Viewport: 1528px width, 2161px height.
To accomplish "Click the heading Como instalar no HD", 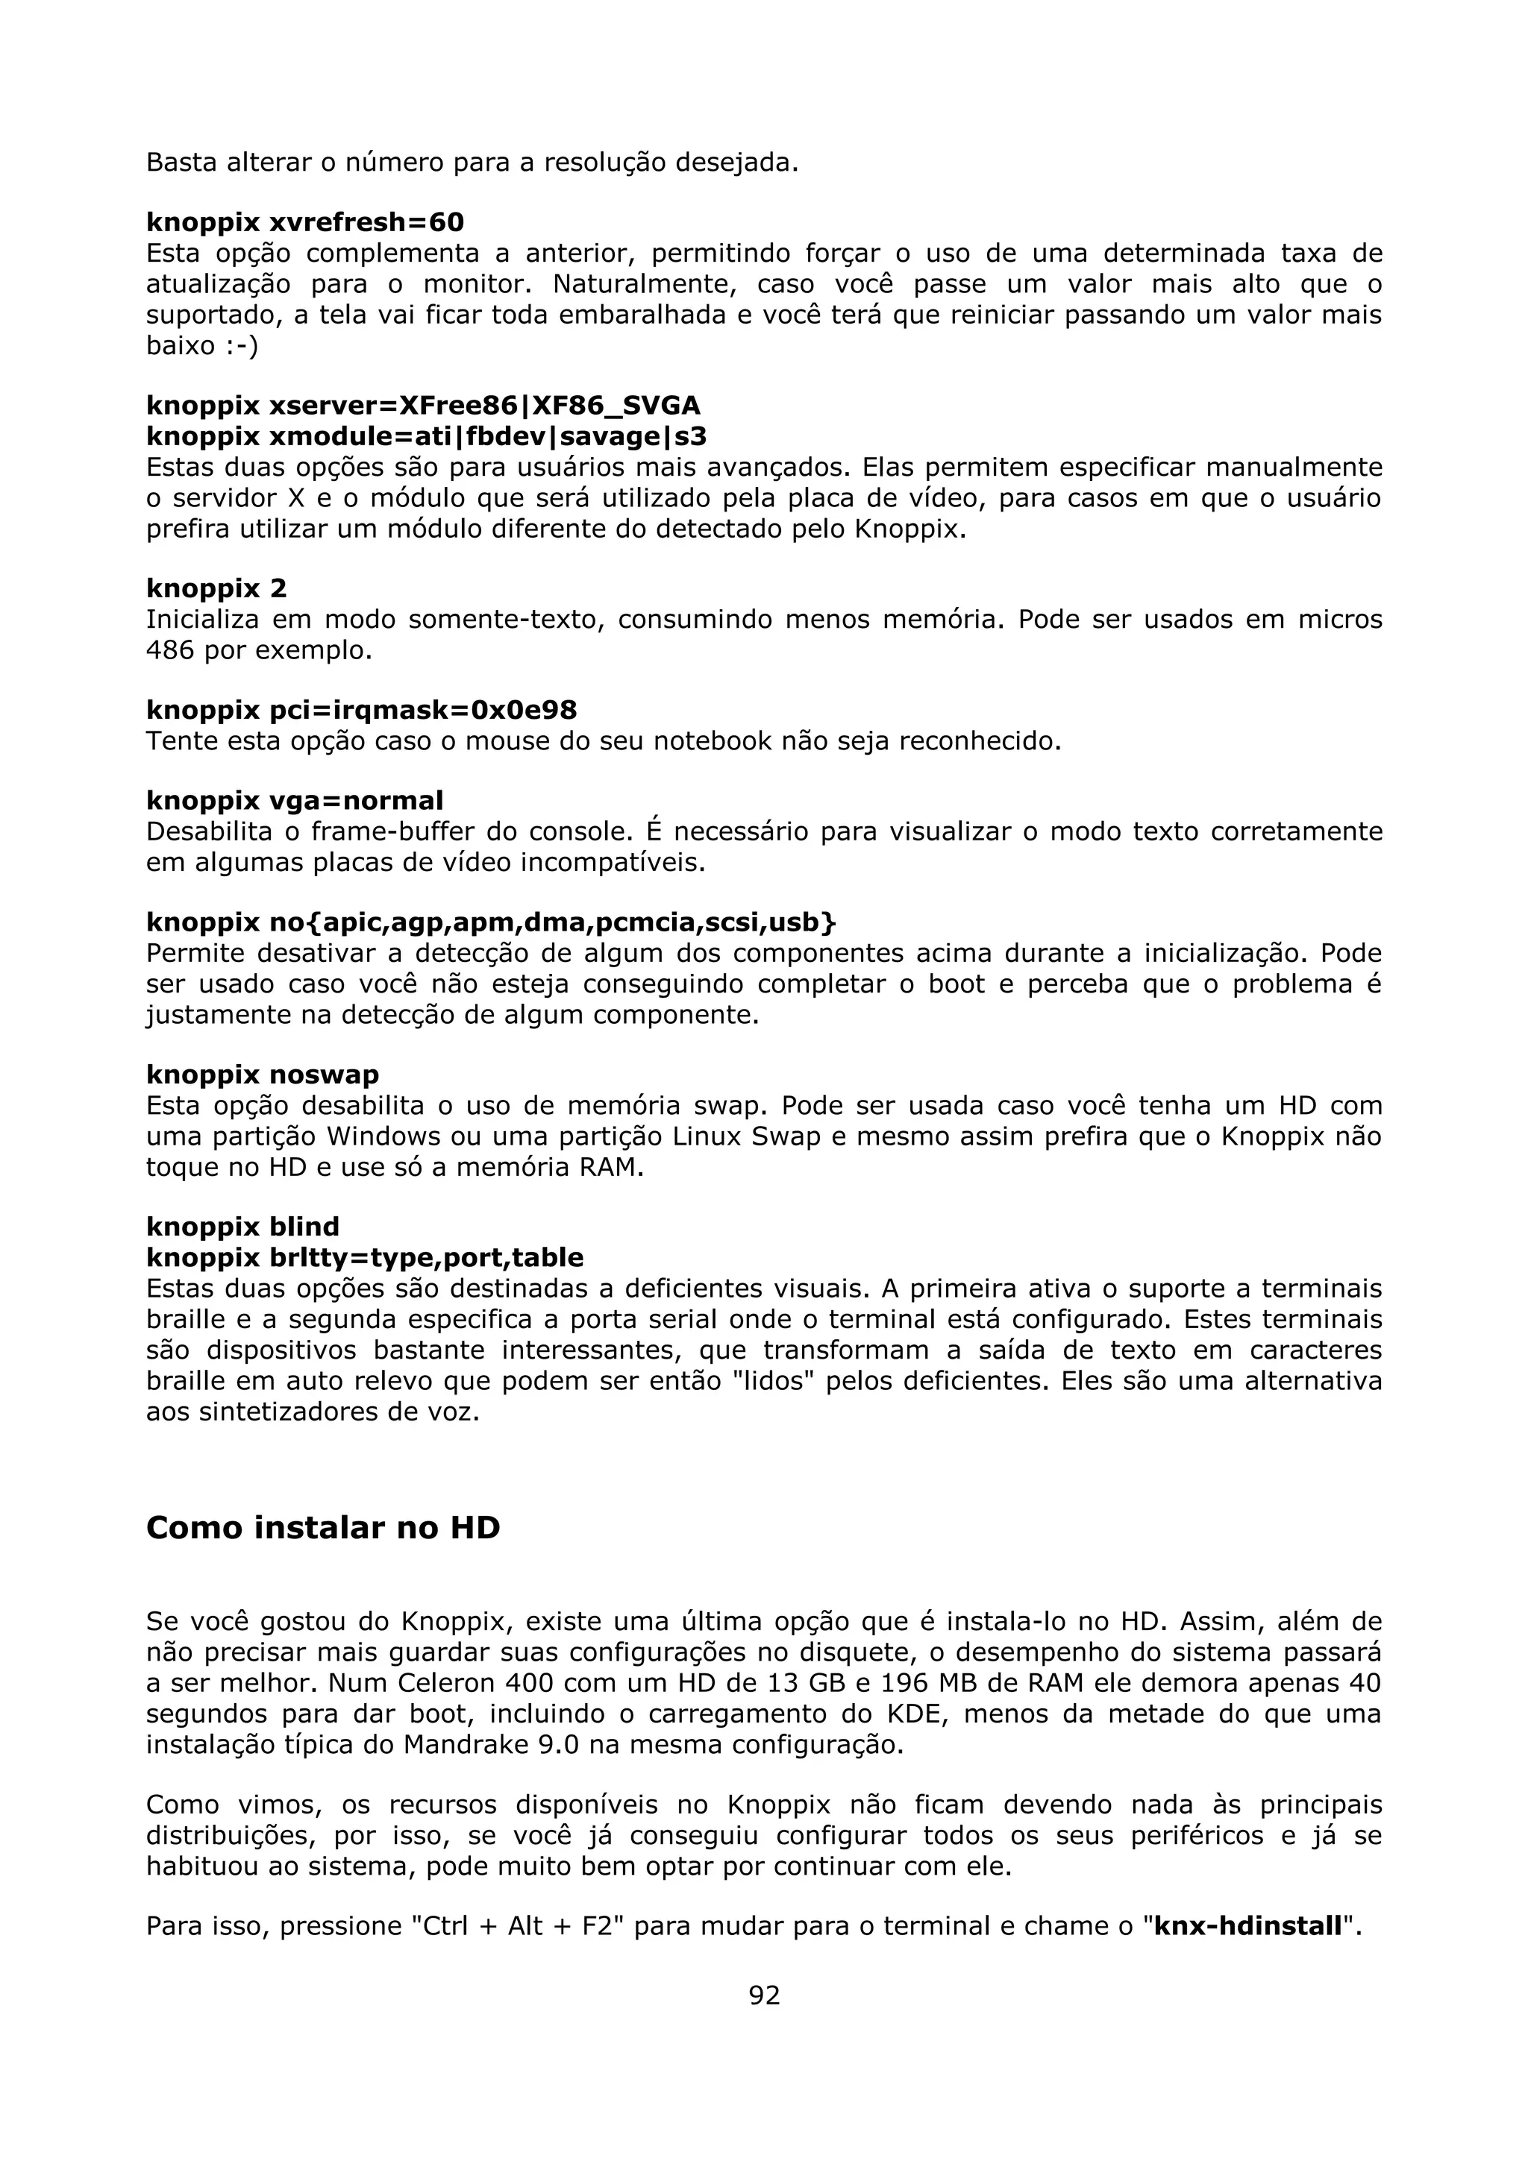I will coord(323,1526).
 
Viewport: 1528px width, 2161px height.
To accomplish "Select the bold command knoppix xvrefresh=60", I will coord(305,222).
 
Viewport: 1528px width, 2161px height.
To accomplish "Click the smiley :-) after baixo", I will coord(241,345).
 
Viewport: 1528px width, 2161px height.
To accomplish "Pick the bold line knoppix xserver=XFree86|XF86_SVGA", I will coord(423,406).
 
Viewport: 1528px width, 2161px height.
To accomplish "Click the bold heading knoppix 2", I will coord(216,588).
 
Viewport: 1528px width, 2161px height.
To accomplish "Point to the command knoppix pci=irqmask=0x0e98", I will coord(362,710).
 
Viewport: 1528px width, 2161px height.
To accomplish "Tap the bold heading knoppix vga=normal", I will coord(295,801).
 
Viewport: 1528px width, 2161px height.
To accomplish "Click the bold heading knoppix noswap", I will coord(263,1074).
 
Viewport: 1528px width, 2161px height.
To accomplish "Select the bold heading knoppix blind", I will coord(243,1227).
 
